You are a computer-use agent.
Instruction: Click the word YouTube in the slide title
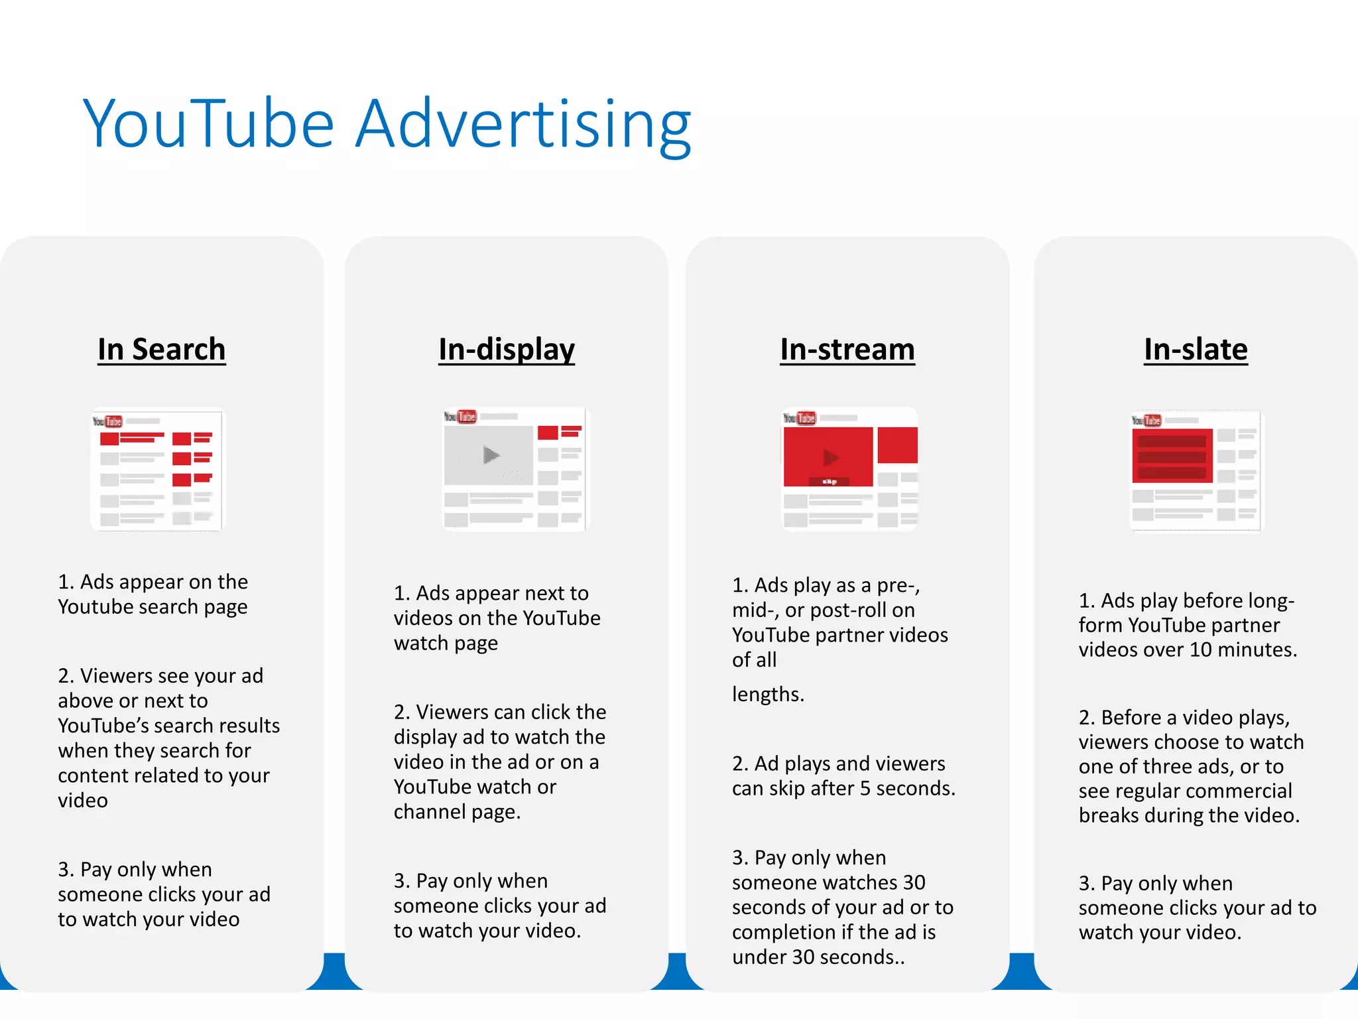tap(208, 124)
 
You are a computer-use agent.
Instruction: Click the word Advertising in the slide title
tap(523, 124)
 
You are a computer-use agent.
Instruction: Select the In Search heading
tap(162, 350)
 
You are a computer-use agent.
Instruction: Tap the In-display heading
tap(507, 350)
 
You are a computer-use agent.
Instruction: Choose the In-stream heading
tap(847, 350)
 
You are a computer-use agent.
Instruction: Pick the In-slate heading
tap(1196, 350)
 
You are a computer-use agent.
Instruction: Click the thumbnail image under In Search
tap(158, 469)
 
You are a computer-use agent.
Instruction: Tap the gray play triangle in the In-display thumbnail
tap(491, 455)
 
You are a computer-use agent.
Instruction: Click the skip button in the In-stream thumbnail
tap(830, 482)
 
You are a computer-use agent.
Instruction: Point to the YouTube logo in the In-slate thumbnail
tap(1146, 420)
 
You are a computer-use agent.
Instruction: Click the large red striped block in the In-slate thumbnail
tap(1172, 456)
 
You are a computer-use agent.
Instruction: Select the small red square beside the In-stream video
tap(897, 444)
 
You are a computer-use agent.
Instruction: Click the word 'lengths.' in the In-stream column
tap(768, 694)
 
